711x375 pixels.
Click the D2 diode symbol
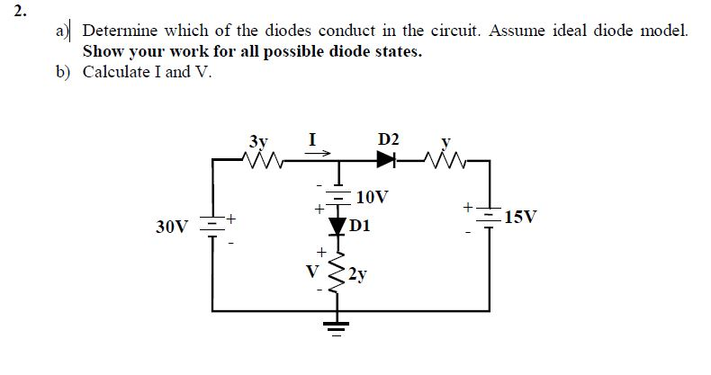(x=387, y=160)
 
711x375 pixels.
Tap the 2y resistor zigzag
(x=339, y=272)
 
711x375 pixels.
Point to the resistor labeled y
(x=449, y=160)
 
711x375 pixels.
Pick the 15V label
(x=522, y=217)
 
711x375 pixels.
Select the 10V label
(x=373, y=196)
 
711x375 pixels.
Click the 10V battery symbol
(x=339, y=195)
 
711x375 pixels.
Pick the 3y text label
(x=257, y=140)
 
